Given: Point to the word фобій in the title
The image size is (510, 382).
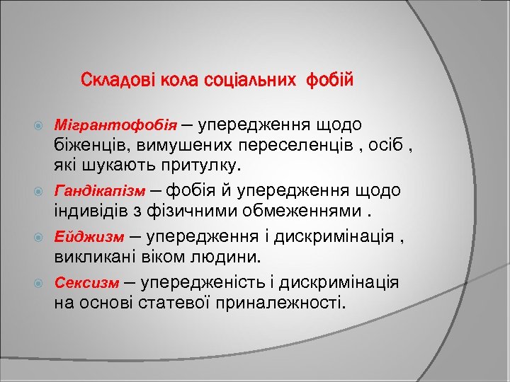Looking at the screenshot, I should [329, 79].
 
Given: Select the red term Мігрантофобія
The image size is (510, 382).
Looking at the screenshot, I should [115, 127].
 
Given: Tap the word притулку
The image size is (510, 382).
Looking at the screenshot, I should [202, 166].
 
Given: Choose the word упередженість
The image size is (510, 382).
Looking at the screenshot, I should [202, 283].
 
